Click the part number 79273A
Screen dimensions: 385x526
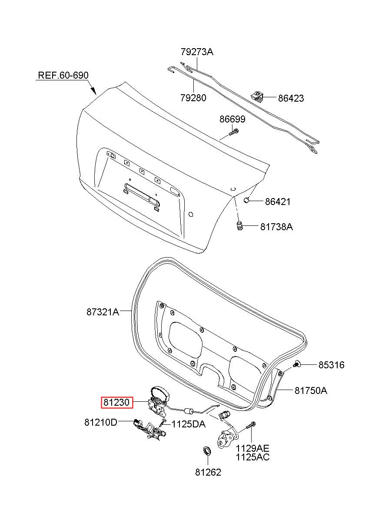click(197, 52)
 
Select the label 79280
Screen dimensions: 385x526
click(193, 98)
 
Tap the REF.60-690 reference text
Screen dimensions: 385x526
click(63, 75)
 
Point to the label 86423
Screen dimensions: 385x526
click(291, 98)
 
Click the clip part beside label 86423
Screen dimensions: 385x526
click(257, 96)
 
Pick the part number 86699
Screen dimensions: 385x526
click(232, 119)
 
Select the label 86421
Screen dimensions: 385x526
click(278, 202)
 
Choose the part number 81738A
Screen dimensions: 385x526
click(276, 227)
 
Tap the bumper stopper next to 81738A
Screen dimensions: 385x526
click(239, 226)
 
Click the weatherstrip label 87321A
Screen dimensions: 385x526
click(103, 312)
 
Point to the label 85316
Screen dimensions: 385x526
click(331, 365)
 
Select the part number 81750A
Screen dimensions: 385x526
click(311, 390)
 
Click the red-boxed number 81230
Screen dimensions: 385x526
click(117, 403)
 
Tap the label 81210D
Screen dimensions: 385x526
click(100, 423)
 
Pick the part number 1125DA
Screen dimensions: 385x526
click(189, 424)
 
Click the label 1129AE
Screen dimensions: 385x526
click(252, 448)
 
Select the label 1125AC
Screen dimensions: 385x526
click(252, 457)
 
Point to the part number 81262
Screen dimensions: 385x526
click(208, 472)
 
